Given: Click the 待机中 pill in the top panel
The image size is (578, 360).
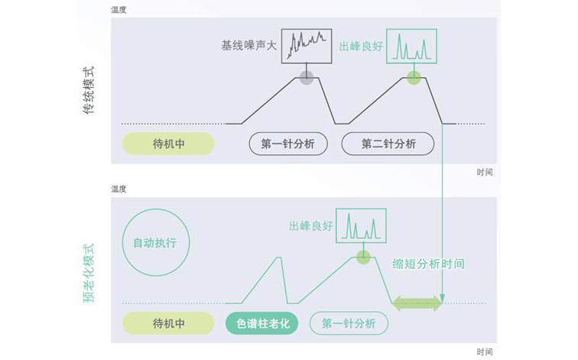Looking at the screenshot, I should point(168,144).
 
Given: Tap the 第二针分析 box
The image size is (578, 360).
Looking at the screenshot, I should point(388,144).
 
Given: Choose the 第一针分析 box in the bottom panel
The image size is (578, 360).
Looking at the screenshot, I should point(349,323).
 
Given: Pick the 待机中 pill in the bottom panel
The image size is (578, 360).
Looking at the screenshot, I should point(168,323).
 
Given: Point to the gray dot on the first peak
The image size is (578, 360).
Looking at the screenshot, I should point(307,76).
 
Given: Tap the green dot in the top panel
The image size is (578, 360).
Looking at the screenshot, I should point(414,76).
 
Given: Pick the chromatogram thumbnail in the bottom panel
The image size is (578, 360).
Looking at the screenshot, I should point(361,225).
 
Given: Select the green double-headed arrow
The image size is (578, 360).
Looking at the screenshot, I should point(417,303).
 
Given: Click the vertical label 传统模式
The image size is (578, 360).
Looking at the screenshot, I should point(89,92).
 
